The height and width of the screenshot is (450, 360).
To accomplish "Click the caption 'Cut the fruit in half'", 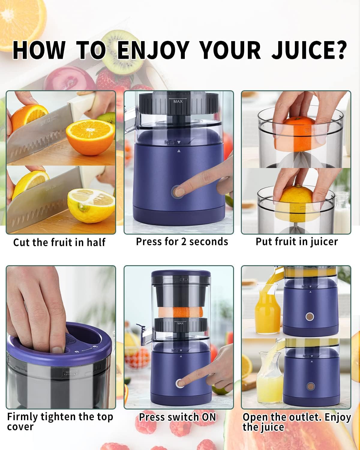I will coord(59,242).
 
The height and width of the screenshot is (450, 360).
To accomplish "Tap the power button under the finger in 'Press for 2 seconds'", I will coord(177,191).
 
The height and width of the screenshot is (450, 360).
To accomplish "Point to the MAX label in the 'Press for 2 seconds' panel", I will coord(178,101).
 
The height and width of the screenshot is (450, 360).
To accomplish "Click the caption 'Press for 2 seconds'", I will coord(182,241).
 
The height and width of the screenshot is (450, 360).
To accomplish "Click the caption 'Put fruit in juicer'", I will coord(296,241).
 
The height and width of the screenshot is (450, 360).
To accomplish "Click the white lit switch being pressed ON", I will coord(180,383).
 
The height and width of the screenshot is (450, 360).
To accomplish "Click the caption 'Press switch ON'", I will coord(177,417).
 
